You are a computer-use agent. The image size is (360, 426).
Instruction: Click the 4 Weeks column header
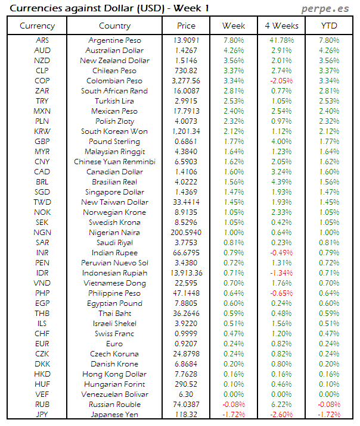coord(281,26)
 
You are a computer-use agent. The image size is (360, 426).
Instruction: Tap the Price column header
coord(186,26)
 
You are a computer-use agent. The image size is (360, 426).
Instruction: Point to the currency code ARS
coord(42,40)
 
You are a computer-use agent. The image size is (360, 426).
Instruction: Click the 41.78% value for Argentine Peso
coord(281,40)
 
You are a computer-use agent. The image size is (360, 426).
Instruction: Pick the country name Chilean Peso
coord(114,71)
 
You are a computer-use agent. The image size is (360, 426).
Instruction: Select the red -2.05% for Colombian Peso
coord(281,81)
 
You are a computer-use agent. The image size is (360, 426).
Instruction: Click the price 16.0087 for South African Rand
coord(186,91)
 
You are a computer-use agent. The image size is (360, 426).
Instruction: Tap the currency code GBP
coord(42,142)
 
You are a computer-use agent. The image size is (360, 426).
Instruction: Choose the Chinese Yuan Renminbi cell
coord(114,162)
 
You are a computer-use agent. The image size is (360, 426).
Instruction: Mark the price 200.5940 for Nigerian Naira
coord(186,233)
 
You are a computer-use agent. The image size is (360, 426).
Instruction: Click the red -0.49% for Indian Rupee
coord(281,253)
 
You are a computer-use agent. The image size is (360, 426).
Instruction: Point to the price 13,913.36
coord(186,273)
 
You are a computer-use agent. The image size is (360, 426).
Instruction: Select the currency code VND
coord(42,283)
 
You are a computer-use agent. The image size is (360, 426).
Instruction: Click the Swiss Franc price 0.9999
coord(186,334)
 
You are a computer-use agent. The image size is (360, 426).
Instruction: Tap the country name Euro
coord(114,344)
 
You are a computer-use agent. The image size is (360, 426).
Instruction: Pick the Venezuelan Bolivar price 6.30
coord(186,394)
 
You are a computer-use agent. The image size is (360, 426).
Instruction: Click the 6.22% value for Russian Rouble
coord(281,405)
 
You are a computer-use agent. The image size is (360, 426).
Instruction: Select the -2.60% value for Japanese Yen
coord(281,415)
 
